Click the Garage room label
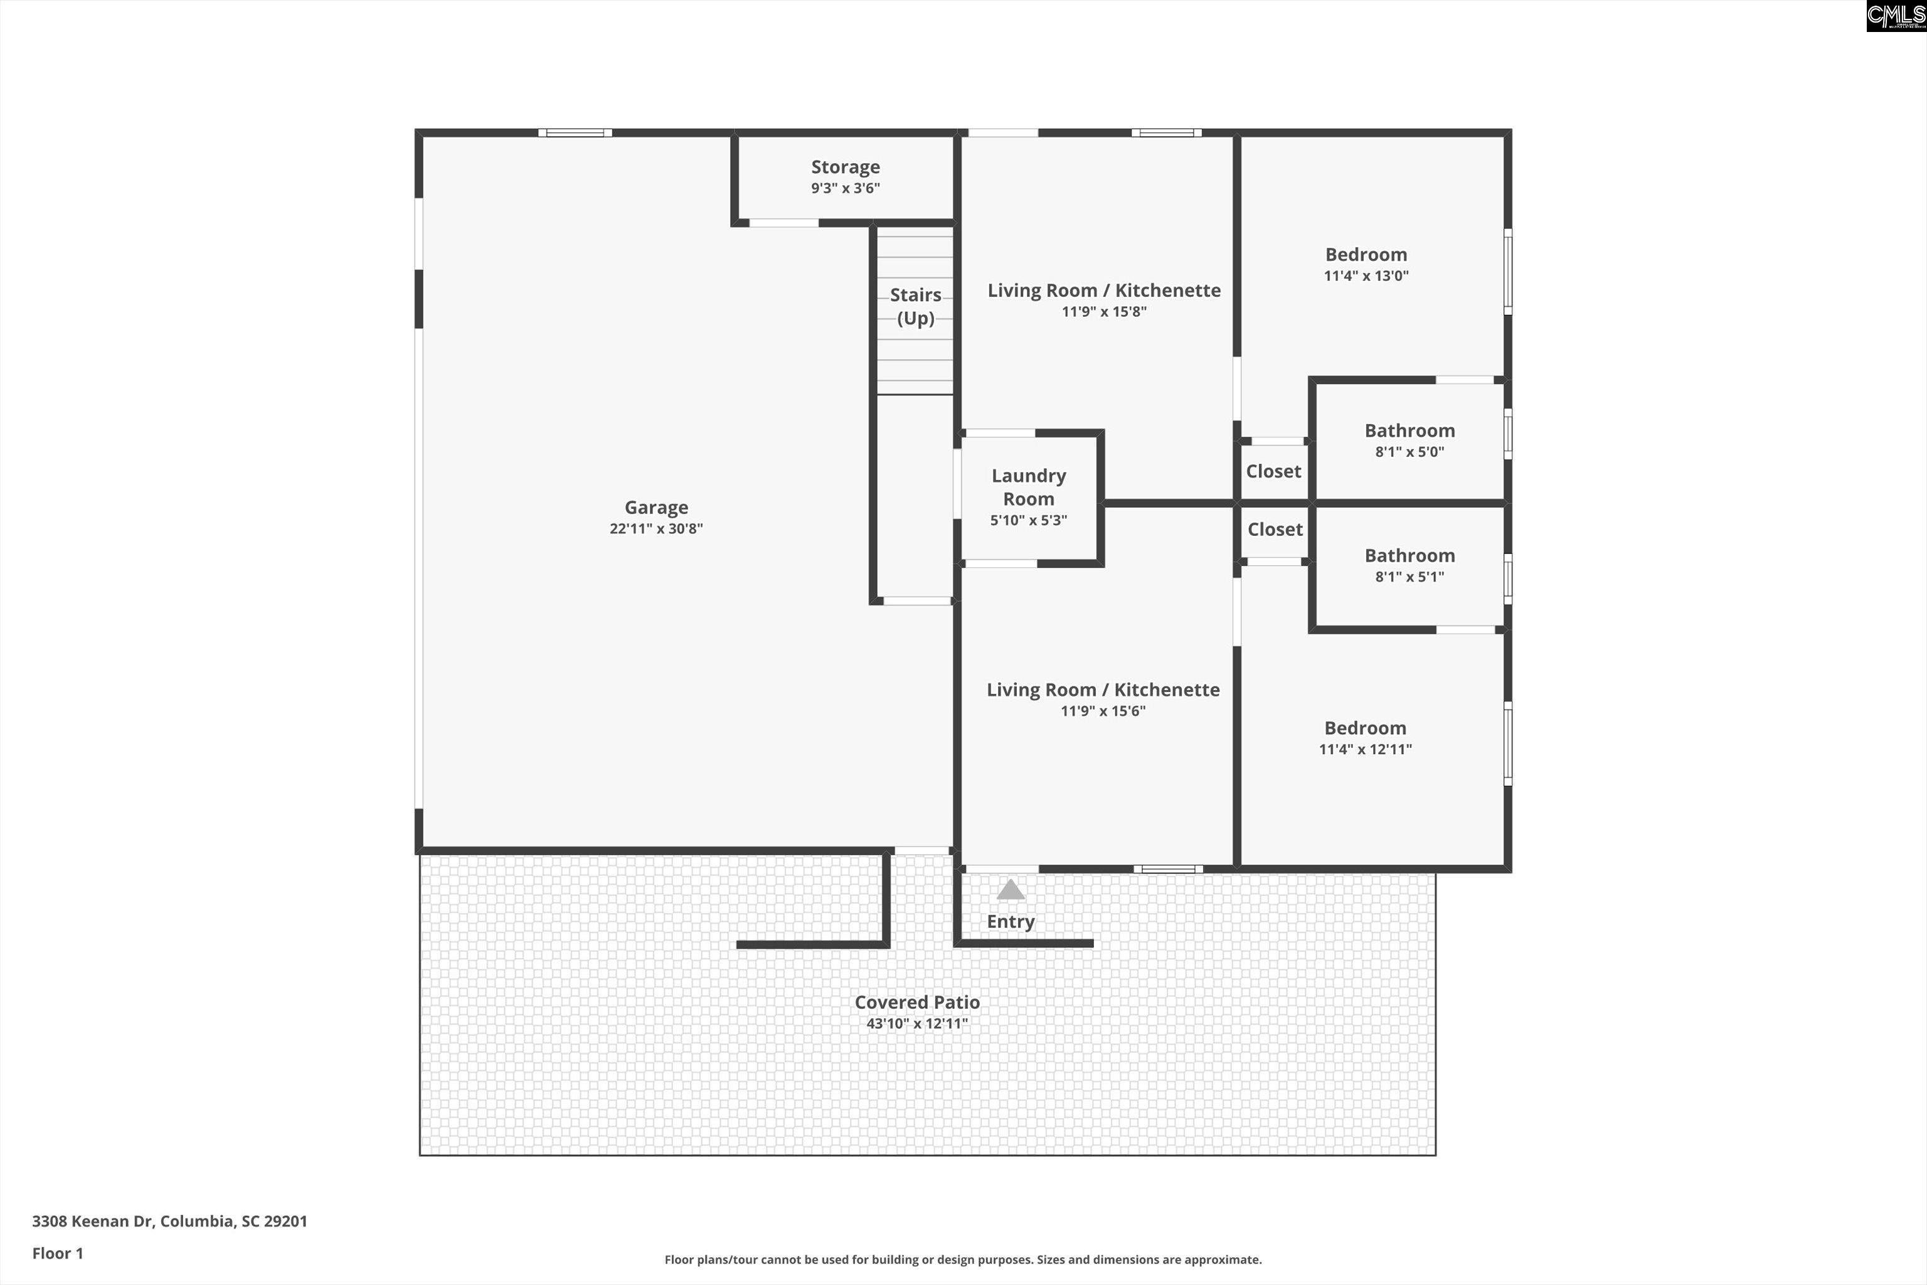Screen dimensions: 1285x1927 (656, 507)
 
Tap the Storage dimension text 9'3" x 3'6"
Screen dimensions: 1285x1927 (845, 188)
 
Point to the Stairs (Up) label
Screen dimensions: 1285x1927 (915, 306)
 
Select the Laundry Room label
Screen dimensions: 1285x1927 (1028, 487)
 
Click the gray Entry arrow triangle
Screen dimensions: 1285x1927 (1010, 890)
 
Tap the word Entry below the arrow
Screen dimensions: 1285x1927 (1010, 921)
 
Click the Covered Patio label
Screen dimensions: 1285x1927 (917, 1001)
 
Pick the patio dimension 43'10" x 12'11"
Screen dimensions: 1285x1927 (917, 1023)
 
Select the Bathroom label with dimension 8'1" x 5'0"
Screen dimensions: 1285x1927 (1409, 430)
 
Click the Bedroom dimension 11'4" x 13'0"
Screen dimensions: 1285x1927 (1366, 276)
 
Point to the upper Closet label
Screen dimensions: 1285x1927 (1273, 471)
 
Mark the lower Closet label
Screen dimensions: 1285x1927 (1275, 530)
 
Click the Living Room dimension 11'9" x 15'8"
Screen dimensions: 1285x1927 (1103, 311)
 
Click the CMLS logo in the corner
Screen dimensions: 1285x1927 (1896, 16)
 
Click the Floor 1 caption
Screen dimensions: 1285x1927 (57, 1253)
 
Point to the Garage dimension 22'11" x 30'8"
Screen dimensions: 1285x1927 (656, 528)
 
